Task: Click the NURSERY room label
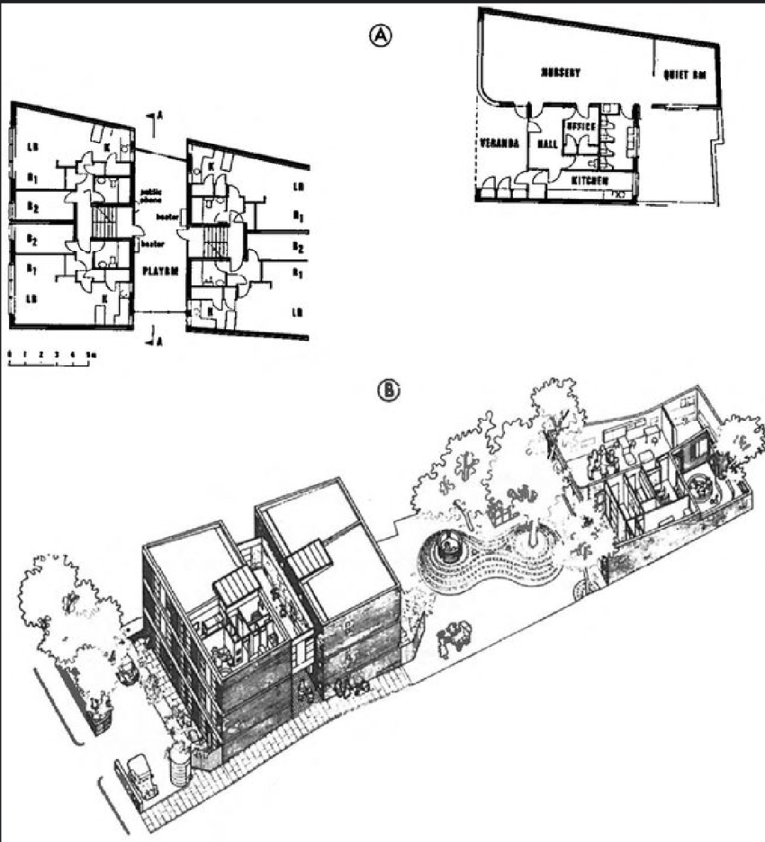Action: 561,72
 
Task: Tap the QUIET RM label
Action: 686,74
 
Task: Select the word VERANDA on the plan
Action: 500,143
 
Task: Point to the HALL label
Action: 548,144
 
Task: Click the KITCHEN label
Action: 591,181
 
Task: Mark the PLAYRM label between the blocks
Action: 159,271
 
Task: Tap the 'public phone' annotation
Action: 152,196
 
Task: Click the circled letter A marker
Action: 380,36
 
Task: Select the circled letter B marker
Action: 390,390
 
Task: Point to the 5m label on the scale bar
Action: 89,353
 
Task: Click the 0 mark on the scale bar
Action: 9,353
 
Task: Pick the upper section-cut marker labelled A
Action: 157,118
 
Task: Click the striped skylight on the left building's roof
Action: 237,585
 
